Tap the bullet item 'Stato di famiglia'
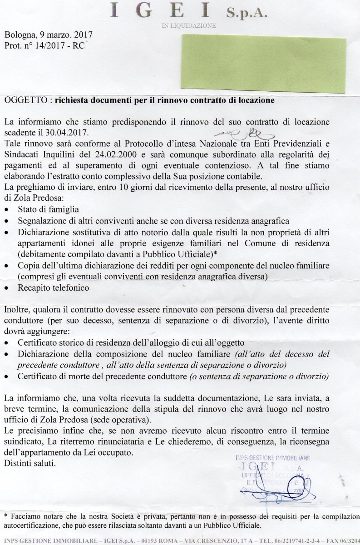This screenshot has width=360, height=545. pos(49,209)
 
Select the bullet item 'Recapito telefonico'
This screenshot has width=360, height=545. pos(53,287)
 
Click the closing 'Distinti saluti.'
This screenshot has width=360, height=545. pos(29,464)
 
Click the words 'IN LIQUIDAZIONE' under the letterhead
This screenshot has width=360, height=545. pos(189,26)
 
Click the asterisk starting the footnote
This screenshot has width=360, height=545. pos(6,516)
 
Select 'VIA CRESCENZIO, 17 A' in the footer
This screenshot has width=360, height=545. pos(219,541)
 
